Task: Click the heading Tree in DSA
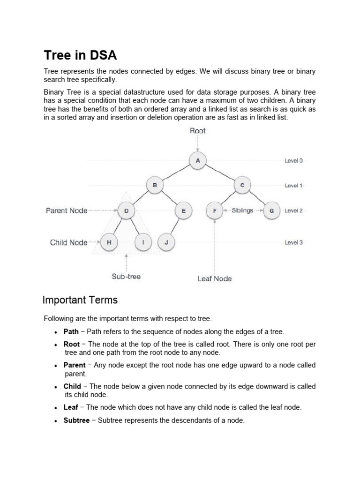80,55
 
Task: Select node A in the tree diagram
197,161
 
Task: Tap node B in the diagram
155,186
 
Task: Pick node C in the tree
242,186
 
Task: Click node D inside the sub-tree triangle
126,211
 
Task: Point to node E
183,211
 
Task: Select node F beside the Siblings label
215,211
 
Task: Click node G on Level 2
271,211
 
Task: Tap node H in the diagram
109,242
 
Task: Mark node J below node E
166,242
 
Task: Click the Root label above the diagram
197,131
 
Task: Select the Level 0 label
293,161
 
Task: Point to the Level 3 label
293,243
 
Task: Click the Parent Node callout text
67,211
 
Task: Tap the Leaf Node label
215,278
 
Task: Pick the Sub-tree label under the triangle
126,277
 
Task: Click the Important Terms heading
80,300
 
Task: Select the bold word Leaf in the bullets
71,407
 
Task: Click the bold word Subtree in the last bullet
76,420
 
